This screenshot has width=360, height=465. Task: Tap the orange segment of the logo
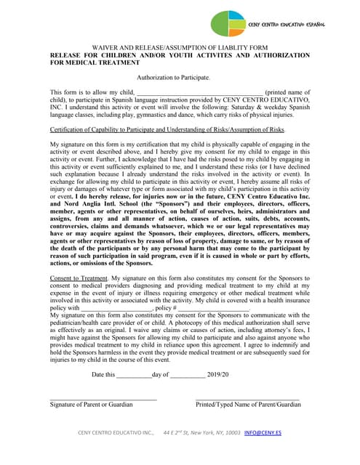coord(237,30)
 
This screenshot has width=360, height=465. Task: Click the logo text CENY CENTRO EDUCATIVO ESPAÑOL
coord(286,24)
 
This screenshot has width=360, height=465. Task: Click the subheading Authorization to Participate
coord(174,77)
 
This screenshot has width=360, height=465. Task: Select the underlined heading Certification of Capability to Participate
coord(167,129)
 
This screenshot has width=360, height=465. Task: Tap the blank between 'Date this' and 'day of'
coord(134,374)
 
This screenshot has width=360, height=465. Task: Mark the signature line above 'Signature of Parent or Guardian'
coord(103,397)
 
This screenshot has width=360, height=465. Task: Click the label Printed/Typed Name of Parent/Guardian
coord(248,404)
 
